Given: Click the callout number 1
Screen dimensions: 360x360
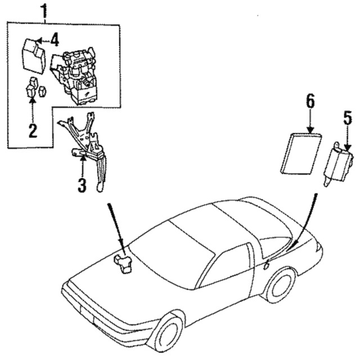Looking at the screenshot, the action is [44, 11].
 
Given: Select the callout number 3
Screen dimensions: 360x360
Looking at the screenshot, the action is [82, 185].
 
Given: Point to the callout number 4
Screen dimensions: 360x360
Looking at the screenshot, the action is [55, 40].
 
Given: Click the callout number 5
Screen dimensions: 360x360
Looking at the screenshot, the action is [348, 118].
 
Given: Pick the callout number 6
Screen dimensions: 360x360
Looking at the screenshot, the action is [310, 101].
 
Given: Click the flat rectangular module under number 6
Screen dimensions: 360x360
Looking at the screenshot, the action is [301, 153].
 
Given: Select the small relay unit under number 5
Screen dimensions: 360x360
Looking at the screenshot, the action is [339, 164].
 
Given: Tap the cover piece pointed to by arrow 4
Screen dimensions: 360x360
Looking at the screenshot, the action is [34, 56].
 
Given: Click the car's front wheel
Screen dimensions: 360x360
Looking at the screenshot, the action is [169, 334].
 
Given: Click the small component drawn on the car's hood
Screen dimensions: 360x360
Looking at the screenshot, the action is [124, 264].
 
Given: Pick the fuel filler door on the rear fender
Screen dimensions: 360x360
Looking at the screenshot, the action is [267, 265].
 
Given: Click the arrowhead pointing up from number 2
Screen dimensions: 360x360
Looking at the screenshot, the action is [33, 101].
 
